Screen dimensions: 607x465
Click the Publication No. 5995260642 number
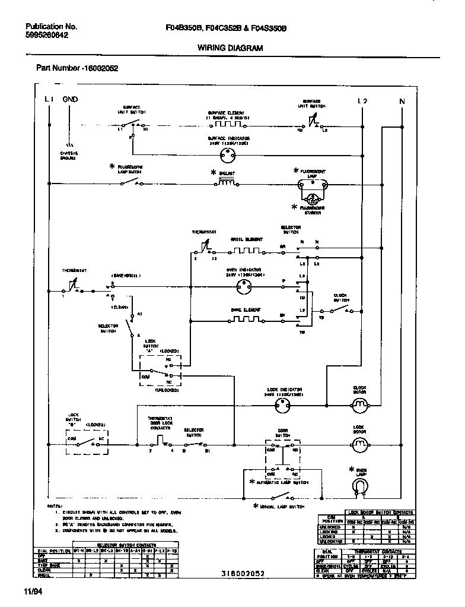(x=47, y=36)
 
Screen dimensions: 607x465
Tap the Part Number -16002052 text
(x=77, y=68)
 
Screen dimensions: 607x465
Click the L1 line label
(x=50, y=100)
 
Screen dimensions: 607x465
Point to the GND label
(x=70, y=100)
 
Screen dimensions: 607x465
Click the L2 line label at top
(x=362, y=101)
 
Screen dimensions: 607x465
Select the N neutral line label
(x=402, y=101)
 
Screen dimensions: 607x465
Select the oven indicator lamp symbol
(x=243, y=287)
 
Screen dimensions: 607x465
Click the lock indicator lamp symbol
(x=282, y=406)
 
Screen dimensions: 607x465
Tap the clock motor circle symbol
(x=359, y=406)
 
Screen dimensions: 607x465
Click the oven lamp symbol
(x=359, y=486)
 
